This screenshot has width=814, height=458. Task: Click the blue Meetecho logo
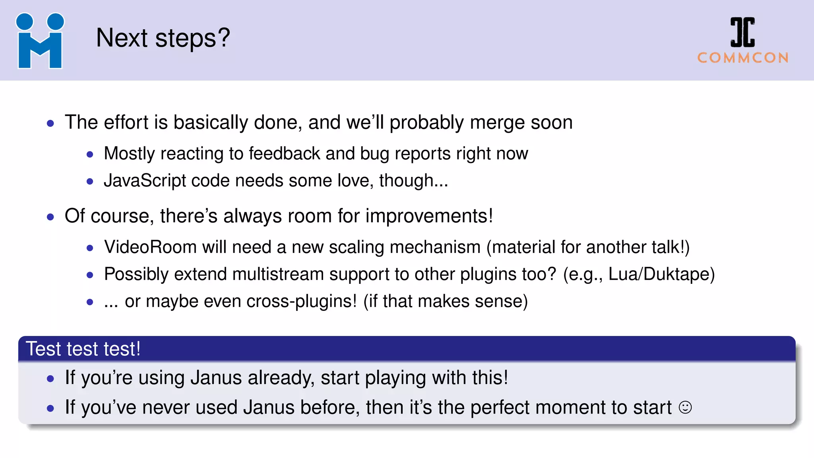(x=40, y=41)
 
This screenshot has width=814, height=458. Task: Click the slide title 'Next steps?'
(x=163, y=38)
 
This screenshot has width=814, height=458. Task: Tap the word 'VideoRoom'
(x=150, y=247)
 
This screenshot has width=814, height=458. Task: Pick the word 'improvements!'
(x=429, y=216)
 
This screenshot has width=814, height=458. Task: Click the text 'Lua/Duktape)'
(x=661, y=274)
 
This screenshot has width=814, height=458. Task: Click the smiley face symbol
(x=685, y=408)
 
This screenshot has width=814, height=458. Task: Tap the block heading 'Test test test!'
(x=83, y=349)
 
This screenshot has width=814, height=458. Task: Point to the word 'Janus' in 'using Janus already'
(x=216, y=378)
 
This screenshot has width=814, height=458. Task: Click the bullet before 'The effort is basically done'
(x=50, y=123)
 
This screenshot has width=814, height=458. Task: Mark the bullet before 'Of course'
(x=50, y=217)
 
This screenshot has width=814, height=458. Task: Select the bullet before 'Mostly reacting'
(x=90, y=154)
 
